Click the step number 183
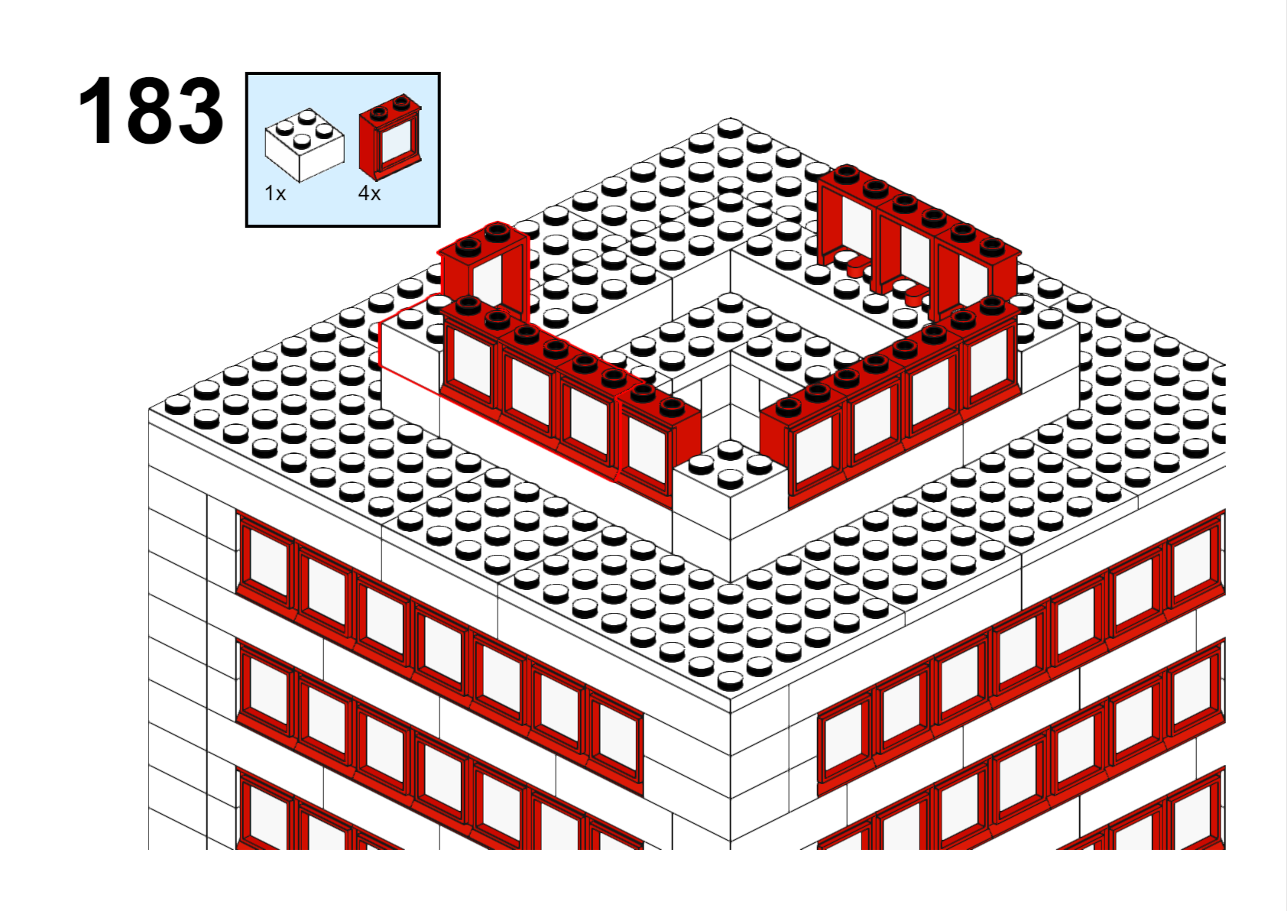coord(151,110)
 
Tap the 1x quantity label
coord(274,193)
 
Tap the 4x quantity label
coord(369,193)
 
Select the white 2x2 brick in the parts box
coord(304,144)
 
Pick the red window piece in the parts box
coord(390,137)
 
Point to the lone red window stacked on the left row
coord(484,270)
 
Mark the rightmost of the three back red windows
coord(977,273)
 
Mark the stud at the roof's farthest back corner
coord(731,127)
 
